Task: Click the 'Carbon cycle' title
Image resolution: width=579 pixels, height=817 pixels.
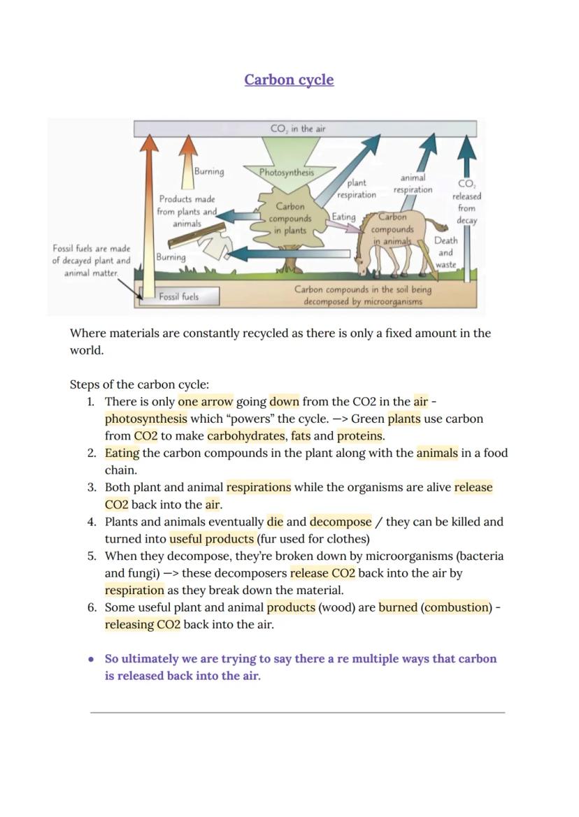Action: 289,80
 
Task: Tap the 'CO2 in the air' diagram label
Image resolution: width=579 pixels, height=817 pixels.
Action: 298,129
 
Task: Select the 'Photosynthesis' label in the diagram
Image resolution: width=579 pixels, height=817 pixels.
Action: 287,173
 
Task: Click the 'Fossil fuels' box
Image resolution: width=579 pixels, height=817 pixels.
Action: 179,296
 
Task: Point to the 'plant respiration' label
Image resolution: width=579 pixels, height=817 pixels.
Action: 357,189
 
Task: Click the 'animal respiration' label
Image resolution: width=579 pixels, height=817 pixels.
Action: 413,183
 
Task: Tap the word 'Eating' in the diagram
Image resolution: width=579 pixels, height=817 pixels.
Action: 343,217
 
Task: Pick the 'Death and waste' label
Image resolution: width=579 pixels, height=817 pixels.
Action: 445,253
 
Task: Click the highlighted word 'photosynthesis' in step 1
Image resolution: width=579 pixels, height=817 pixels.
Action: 146,419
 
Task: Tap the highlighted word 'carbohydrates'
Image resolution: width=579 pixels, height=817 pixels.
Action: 247,436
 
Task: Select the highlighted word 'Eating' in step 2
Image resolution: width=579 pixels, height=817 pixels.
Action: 122,454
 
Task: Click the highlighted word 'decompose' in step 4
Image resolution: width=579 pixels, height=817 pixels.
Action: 341,522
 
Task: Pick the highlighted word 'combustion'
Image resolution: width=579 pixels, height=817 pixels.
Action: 457,607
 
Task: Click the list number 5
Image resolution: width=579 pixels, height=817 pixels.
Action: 91,556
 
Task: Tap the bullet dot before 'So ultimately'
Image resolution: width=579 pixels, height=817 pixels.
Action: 92,659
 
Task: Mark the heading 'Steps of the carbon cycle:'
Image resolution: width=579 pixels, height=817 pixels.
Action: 139,384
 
